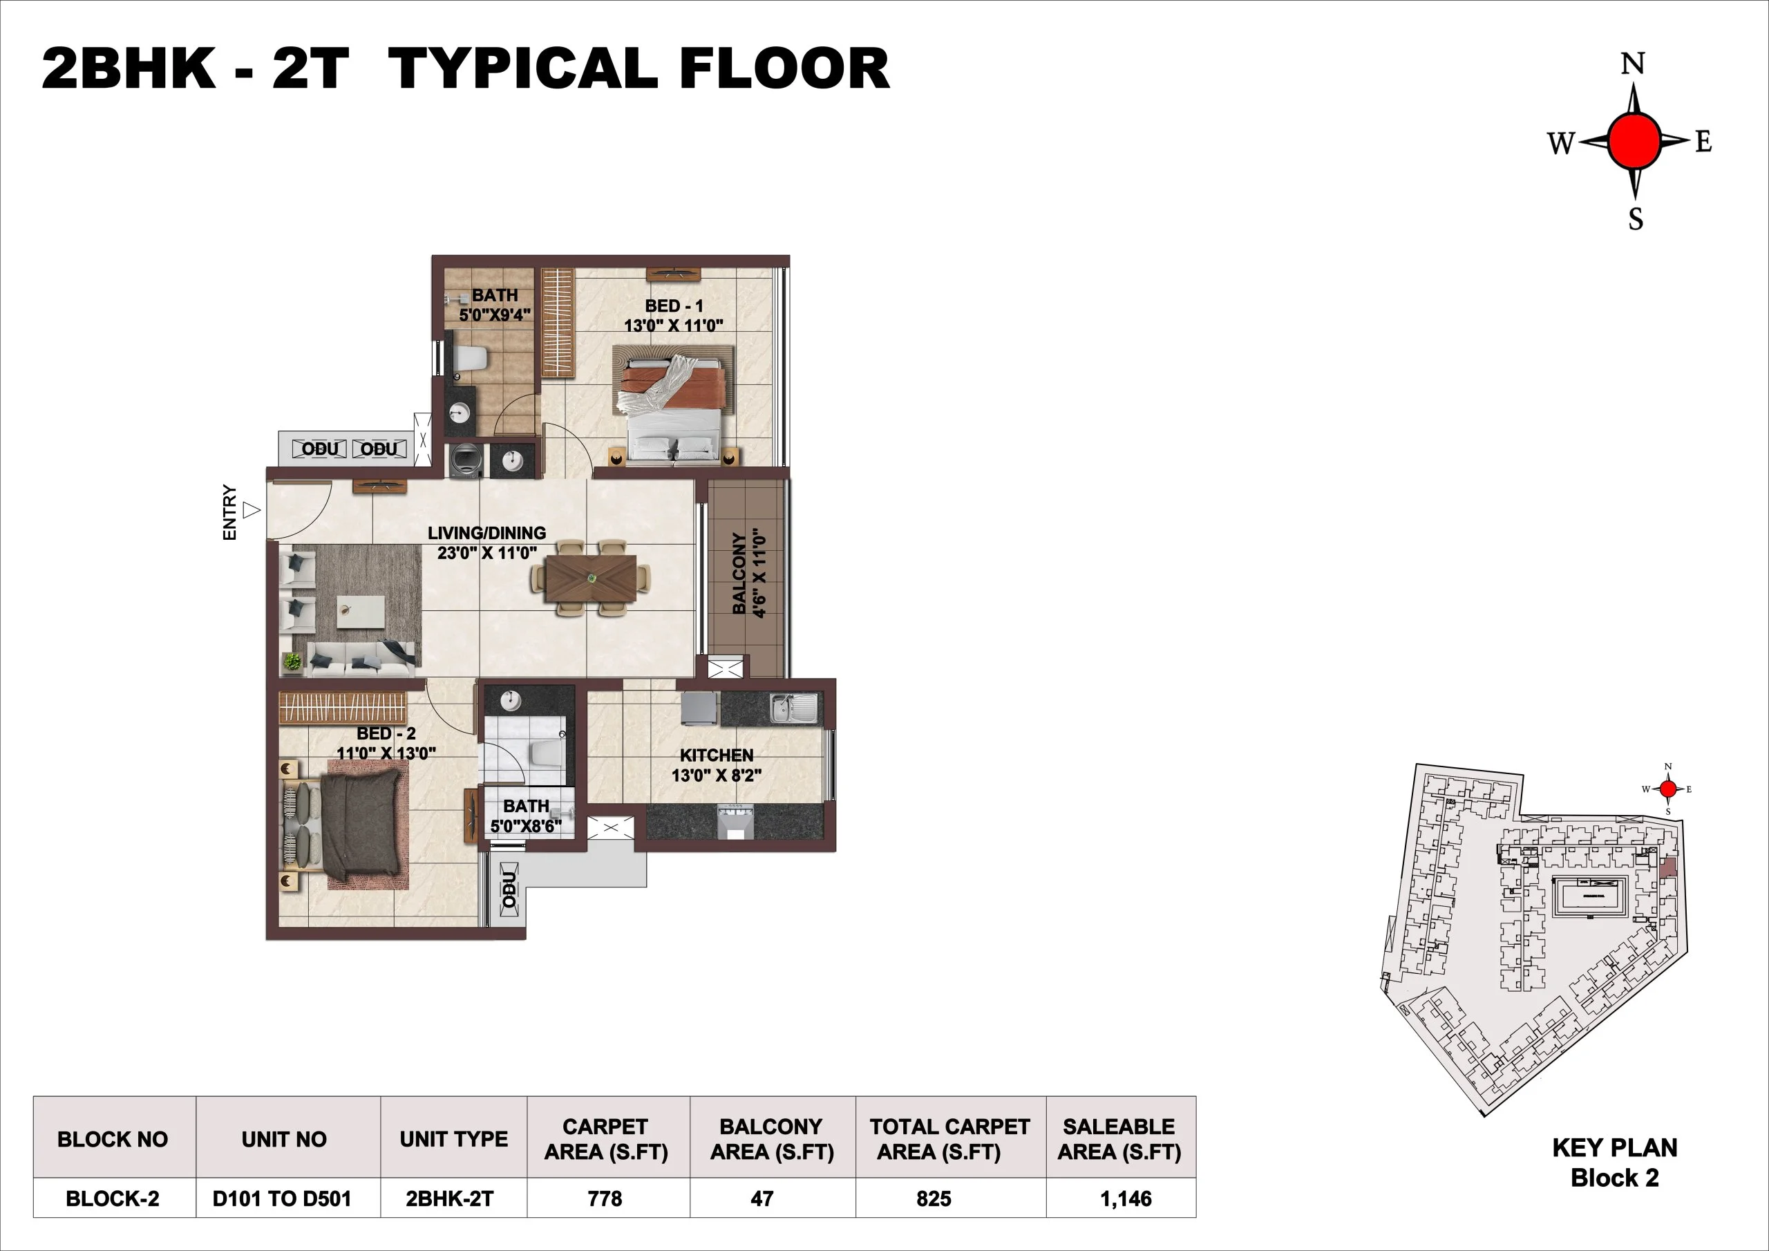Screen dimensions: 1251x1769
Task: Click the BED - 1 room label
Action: pos(673,315)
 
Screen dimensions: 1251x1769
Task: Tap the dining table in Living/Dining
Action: pos(591,578)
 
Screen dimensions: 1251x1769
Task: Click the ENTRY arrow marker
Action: pos(251,510)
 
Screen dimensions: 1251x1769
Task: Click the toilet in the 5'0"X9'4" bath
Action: pos(471,359)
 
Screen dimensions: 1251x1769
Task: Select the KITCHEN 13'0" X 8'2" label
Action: pos(716,765)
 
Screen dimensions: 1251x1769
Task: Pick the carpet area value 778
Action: pos(605,1198)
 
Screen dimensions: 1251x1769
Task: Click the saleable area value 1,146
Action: pos(1126,1198)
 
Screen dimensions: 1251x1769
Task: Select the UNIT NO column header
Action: pos(283,1139)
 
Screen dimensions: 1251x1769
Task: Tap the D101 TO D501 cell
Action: pos(282,1198)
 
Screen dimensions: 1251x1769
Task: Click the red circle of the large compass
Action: pos(1634,141)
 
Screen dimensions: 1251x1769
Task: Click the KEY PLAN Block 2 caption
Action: pos(1614,1163)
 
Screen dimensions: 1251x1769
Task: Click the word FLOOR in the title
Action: pos(784,69)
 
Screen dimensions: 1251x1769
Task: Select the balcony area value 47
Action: pos(762,1198)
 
